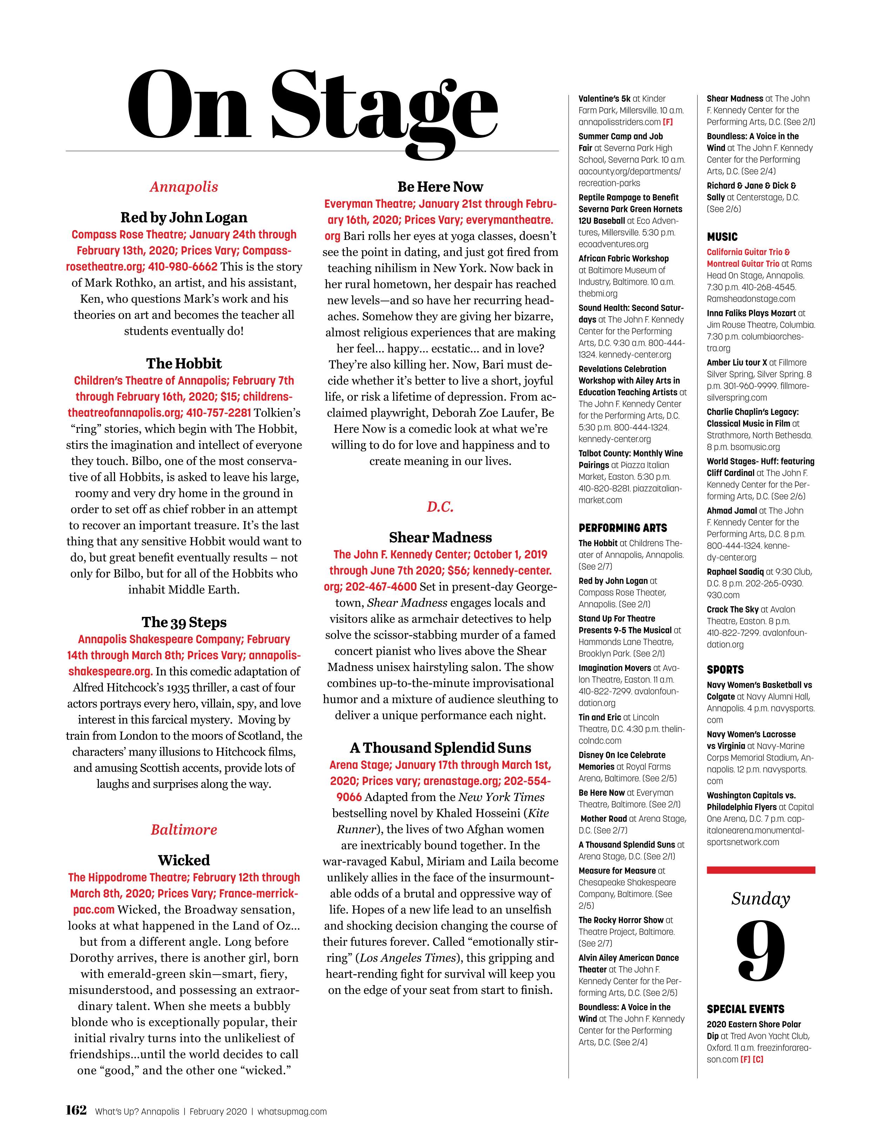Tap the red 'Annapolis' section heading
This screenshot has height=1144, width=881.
pos(184,187)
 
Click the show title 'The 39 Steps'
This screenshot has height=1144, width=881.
pos(184,622)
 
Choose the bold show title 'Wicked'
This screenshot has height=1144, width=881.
pos(184,860)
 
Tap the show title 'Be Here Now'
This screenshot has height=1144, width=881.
pos(440,187)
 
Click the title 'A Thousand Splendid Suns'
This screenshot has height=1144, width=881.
pos(440,748)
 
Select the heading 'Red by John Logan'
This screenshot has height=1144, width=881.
pos(184,217)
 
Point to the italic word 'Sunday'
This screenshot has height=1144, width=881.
pos(761,899)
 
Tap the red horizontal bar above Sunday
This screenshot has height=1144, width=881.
pos(761,870)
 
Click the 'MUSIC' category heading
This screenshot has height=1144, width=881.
pos(722,237)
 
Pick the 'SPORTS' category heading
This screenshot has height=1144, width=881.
pos(725,670)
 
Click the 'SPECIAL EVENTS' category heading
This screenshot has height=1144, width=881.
pos(745,1009)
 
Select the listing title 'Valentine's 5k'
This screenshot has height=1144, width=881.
pos(604,99)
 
